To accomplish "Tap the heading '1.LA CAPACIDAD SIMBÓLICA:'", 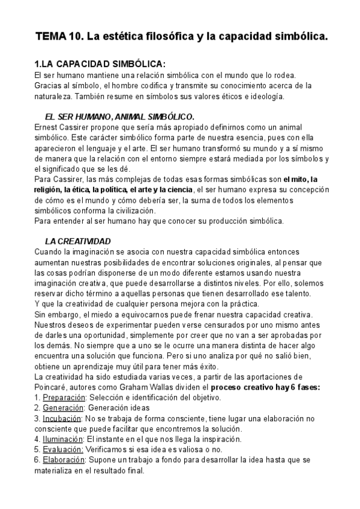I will (x=99, y=64).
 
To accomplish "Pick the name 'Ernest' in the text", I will (x=46, y=127).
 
